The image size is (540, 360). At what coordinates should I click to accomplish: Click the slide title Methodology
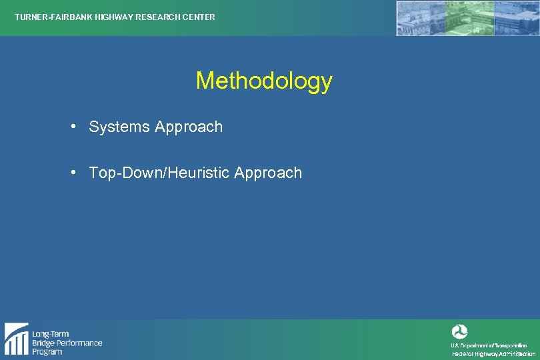tap(264, 81)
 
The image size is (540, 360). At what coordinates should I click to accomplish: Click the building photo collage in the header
tap(467, 18)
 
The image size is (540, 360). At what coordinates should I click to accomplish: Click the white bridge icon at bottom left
tap(16, 339)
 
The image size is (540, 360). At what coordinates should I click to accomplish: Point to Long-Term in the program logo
tap(51, 334)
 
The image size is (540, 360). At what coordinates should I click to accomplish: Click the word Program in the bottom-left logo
tap(47, 351)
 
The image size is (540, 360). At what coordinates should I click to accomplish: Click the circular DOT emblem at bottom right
tap(459, 332)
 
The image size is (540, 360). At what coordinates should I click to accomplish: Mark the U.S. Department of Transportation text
tap(489, 345)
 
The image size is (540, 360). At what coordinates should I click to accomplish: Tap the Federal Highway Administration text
tap(493, 354)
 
